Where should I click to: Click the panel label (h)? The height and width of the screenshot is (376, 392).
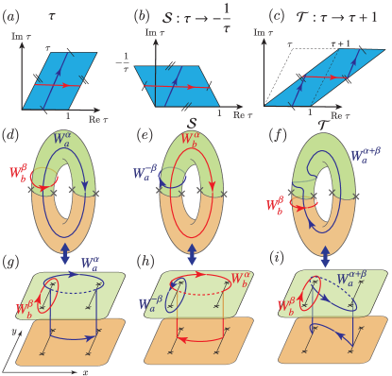coord(144,257)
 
